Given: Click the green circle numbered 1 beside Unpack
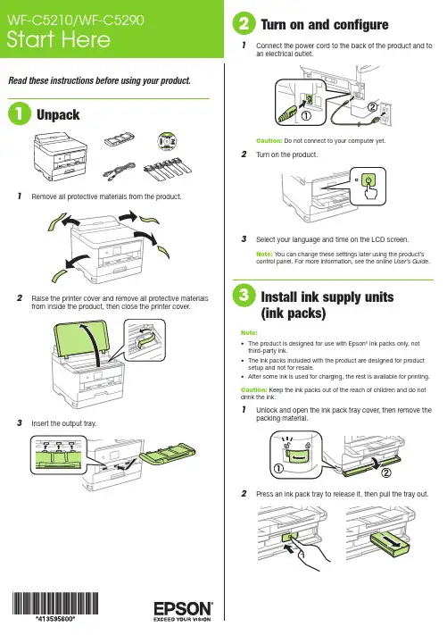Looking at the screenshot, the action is coord(20,113).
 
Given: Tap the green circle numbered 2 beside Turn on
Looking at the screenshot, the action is coord(244,23).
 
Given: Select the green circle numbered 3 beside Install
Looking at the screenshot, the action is coord(244,296).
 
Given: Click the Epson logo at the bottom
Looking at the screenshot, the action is coord(183,611).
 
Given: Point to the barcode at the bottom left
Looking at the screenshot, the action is coord(55,603).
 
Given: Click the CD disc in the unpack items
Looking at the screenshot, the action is coord(167,141).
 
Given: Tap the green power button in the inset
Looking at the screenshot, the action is coord(368,180).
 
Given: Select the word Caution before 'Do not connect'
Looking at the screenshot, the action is coord(269,140).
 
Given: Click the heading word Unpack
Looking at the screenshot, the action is coord(58,114).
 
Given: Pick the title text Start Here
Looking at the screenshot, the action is coord(59,39).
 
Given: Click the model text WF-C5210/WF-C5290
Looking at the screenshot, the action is coord(76,20).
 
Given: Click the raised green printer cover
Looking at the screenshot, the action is coord(81,338).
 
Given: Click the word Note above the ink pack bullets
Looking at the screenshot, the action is coord(249,332).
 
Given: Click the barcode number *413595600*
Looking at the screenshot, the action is coord(55,619).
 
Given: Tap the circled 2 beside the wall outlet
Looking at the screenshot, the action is coord(372,107).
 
